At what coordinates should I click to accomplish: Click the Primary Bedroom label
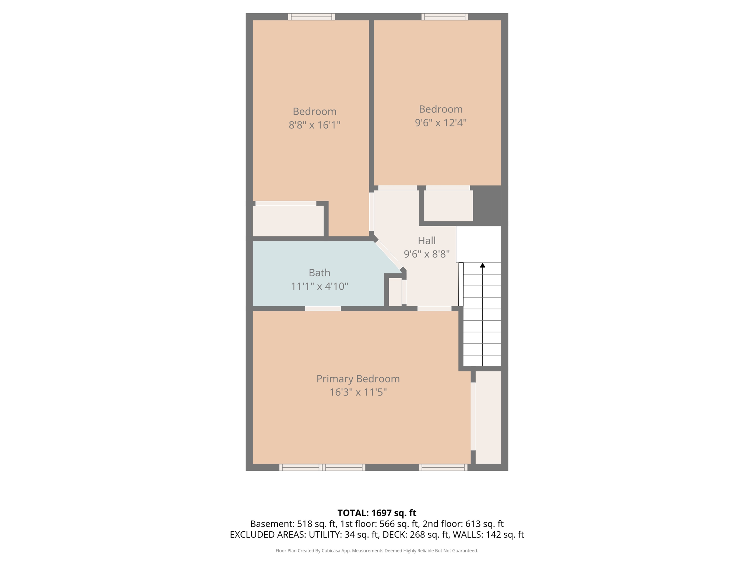coord(358,379)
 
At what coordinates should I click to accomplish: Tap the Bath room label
coord(319,273)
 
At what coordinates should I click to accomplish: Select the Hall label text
coord(427,241)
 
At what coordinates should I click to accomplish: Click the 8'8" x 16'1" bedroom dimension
coord(314,125)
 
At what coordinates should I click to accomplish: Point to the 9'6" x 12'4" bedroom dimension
coord(441,123)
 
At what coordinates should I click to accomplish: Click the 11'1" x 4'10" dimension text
coord(319,286)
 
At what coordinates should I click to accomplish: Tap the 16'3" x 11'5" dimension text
coord(358,392)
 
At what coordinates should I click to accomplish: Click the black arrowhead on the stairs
coord(482,265)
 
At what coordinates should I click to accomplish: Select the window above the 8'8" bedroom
coord(311,17)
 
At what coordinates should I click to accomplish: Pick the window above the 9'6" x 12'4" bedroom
coord(445,17)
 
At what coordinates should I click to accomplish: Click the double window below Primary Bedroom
coord(322,468)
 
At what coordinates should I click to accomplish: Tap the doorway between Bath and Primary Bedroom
coord(323,309)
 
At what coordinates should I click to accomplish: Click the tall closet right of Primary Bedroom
coord(488,417)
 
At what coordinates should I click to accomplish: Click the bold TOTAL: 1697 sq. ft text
coord(377,513)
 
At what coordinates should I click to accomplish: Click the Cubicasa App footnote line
coord(377,551)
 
